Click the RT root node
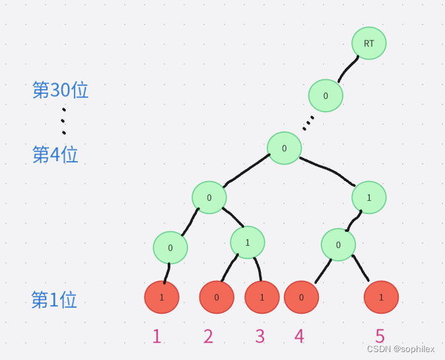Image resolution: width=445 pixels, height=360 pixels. [368, 44]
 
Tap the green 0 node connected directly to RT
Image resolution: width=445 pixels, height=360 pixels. [325, 96]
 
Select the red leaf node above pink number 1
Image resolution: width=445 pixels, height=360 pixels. [162, 297]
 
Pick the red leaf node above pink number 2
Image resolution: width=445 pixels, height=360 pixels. [217, 297]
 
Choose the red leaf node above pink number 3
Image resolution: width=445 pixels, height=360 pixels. [261, 297]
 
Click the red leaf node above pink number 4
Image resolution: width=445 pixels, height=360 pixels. [301, 297]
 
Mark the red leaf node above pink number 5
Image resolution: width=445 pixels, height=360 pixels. [381, 297]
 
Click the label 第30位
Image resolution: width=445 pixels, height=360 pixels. [60, 90]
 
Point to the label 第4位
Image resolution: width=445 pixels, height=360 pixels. [55, 155]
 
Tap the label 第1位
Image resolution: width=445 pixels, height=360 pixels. [54, 300]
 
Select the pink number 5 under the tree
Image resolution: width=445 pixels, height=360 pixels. [380, 336]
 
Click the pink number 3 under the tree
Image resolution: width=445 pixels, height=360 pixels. [260, 336]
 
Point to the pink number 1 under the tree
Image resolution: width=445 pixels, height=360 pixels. [156, 336]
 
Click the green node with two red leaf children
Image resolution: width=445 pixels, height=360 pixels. [248, 242]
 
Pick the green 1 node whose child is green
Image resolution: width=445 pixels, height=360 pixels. [368, 197]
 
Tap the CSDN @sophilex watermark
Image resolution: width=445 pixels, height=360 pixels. [401, 349]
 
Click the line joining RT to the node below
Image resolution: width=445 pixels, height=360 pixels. [349, 68]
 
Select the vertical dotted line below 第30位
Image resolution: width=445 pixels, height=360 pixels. [63, 121]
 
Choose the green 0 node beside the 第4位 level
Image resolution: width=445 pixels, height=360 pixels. [284, 148]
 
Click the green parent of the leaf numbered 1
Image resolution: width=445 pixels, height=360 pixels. [170, 248]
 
